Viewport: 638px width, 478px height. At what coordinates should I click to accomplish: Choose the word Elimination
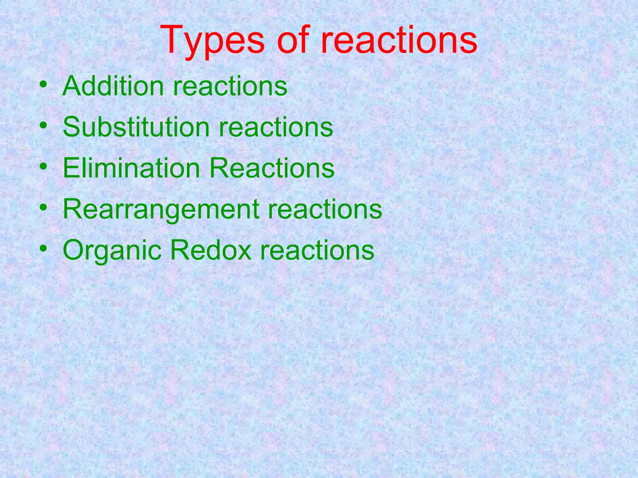click(x=131, y=168)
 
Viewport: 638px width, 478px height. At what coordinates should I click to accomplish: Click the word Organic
click(x=112, y=251)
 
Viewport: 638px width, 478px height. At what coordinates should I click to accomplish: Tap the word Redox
click(x=211, y=250)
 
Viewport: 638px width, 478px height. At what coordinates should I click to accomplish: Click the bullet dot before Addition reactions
click(x=44, y=84)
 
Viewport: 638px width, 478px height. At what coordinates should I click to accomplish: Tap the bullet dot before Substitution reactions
click(x=44, y=125)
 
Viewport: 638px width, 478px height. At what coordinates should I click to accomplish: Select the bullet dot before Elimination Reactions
click(x=44, y=166)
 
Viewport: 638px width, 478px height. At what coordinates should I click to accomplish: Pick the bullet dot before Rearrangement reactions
click(x=44, y=208)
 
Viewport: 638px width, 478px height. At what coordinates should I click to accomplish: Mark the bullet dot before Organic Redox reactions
click(x=44, y=249)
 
